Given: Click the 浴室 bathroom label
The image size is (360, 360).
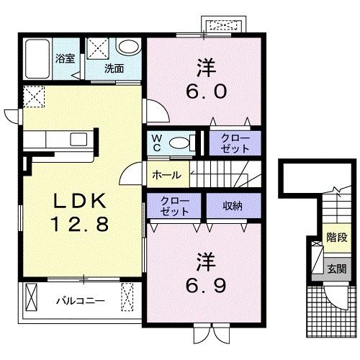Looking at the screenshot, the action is click(x=65, y=58).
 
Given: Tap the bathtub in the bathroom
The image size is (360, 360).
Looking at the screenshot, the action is click(x=37, y=59).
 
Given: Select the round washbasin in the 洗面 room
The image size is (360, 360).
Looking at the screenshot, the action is click(x=127, y=47).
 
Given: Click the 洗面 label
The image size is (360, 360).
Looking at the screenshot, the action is click(x=114, y=68).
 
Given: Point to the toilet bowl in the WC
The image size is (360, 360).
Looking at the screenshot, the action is click(x=179, y=143).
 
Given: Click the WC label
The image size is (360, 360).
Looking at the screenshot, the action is click(x=157, y=143).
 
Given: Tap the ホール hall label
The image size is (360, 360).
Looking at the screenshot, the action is click(x=166, y=175).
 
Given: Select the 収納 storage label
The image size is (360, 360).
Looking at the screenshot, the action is click(x=233, y=206).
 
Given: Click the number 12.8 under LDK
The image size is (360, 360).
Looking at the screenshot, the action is click(x=80, y=224).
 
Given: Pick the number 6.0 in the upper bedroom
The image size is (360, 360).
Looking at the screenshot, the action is click(x=206, y=91).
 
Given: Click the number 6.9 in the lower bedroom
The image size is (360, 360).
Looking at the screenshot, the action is click(x=206, y=286).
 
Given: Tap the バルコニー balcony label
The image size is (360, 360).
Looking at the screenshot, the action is click(x=81, y=301).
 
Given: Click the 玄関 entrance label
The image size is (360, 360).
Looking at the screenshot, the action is click(x=337, y=269).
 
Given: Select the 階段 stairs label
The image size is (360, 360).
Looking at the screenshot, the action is click(x=337, y=238).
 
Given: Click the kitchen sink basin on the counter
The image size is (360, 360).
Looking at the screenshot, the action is click(x=78, y=140).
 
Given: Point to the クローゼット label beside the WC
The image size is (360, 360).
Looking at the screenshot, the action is click(x=235, y=143).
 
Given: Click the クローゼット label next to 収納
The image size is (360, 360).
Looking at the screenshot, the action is click(x=175, y=206).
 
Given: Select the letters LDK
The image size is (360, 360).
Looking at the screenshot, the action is click(x=80, y=201).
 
